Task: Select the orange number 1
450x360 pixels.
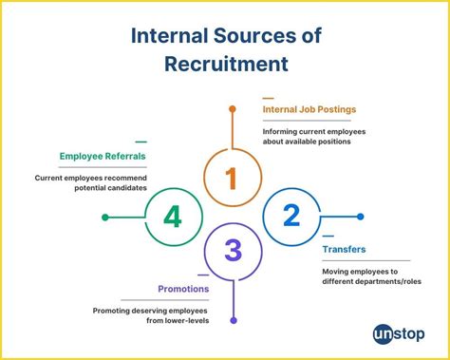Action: (231, 177)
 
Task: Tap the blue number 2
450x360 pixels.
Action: (291, 216)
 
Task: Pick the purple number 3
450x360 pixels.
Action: (233, 252)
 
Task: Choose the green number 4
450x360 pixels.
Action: (172, 217)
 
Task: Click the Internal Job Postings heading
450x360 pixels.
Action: (309, 109)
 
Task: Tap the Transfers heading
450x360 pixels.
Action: (344, 250)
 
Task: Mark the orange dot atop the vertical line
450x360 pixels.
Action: (232, 110)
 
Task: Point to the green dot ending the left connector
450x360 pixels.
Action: (104, 218)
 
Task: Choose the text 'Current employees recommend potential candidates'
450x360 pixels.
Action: (103, 183)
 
